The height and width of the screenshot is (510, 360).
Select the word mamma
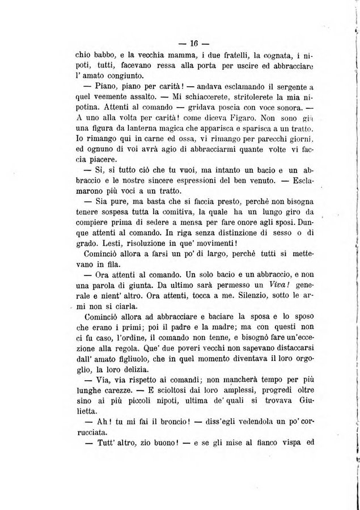pyautogui.click(x=173, y=56)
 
